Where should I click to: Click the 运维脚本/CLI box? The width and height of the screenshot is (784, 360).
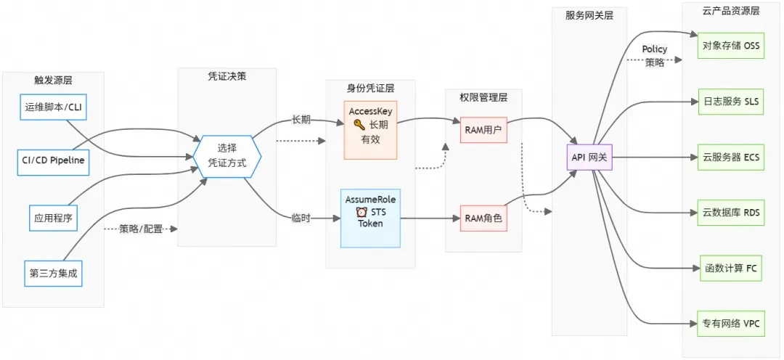[53, 107]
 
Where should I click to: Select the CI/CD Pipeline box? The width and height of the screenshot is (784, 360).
[53, 161]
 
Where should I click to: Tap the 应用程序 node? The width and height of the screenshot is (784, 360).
[53, 216]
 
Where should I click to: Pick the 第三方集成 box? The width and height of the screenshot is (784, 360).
[53, 274]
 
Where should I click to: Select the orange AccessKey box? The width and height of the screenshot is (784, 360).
[370, 130]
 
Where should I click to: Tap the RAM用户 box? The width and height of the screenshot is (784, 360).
[483, 131]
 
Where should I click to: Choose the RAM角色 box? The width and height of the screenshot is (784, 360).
[483, 217]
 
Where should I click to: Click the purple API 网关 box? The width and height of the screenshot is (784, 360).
[591, 156]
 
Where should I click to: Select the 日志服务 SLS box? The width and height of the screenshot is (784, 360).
[730, 102]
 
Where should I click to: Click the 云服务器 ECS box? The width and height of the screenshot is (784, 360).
[730, 157]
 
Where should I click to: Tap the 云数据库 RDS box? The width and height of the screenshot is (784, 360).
[730, 213]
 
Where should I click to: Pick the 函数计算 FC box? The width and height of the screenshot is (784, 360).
[730, 268]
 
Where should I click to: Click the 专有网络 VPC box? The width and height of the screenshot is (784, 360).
[730, 323]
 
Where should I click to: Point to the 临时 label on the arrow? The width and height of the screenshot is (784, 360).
[301, 217]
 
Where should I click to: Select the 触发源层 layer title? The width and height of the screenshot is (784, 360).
[53, 79]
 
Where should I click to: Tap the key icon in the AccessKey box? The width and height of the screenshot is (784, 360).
[359, 124]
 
